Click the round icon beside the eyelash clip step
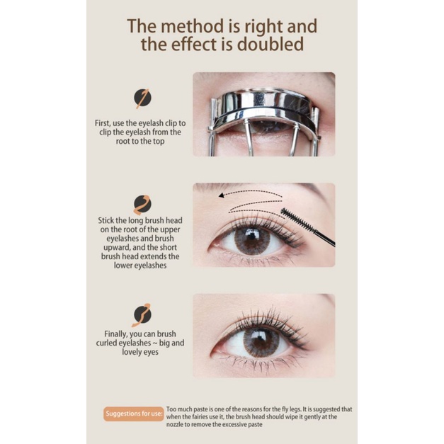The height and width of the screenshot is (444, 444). [x=142, y=98]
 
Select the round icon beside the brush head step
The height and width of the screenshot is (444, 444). [x=142, y=204]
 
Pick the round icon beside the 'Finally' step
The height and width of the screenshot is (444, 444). [x=142, y=314]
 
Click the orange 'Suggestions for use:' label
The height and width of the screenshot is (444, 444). [x=134, y=414]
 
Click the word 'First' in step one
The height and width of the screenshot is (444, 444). [x=103, y=123]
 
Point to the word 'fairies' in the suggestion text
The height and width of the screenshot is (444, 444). [x=210, y=417]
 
